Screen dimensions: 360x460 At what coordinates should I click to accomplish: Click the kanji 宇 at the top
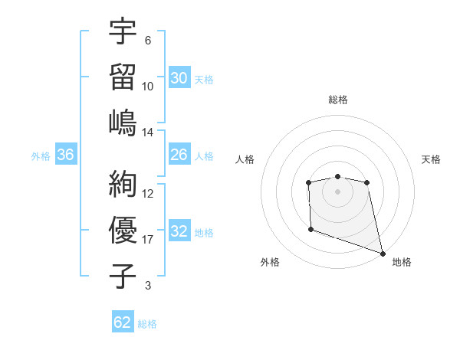(123, 32)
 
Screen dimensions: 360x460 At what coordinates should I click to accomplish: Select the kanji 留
(123, 77)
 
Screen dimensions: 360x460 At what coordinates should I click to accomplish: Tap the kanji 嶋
(123, 123)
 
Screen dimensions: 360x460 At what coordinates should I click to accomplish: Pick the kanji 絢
(123, 184)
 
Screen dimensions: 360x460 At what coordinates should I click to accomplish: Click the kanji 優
(123, 230)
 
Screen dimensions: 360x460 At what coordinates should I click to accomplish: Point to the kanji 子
(123, 276)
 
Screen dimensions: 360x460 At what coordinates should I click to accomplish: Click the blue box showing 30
(179, 77)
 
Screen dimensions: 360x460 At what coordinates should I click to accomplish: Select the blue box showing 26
(179, 155)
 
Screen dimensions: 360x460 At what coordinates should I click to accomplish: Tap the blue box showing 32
(179, 231)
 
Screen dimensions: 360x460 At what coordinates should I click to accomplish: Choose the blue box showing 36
(66, 155)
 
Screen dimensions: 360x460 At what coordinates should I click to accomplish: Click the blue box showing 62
(123, 322)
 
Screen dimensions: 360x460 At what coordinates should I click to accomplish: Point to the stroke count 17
(148, 240)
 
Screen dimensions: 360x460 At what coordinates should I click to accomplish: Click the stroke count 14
(148, 132)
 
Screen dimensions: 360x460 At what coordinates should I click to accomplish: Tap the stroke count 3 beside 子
(148, 286)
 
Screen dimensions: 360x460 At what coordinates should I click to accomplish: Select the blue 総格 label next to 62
(147, 323)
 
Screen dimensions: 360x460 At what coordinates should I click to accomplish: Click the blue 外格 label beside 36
(41, 155)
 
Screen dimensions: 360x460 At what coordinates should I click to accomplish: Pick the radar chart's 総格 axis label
(337, 100)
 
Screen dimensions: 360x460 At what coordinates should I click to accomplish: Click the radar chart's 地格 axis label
(402, 262)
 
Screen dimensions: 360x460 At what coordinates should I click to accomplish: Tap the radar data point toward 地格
(383, 252)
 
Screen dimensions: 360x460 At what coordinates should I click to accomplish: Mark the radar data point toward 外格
(310, 229)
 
